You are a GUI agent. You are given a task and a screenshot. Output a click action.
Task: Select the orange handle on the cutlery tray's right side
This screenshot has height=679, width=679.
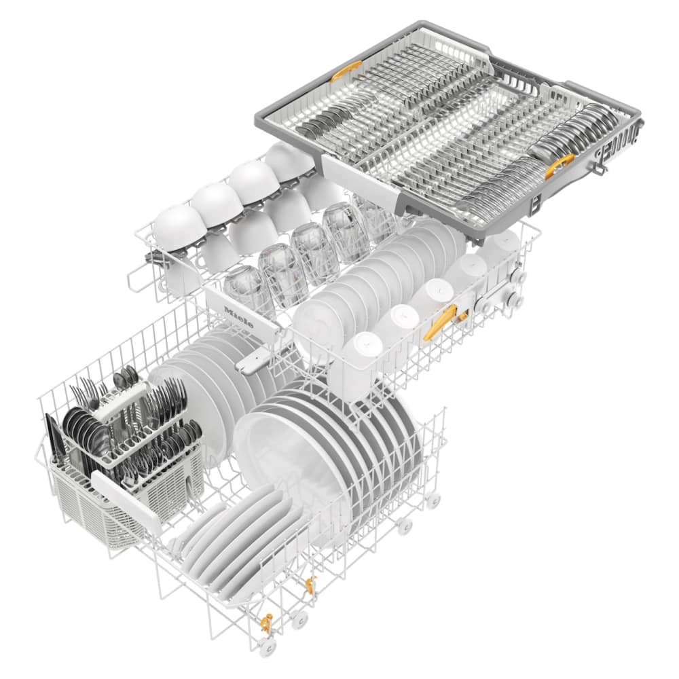[x=559, y=164]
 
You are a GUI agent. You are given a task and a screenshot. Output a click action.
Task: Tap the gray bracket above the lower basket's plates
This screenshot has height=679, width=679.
[x=248, y=361]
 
